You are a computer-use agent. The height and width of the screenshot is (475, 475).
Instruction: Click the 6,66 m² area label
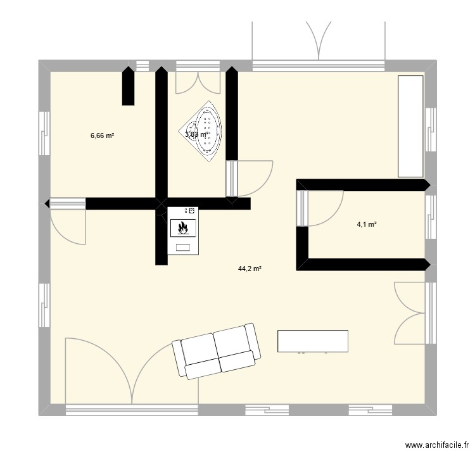tap(102, 135)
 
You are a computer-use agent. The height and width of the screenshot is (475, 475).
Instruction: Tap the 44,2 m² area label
tap(250, 269)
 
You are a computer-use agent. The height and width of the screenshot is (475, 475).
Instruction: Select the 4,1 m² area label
tap(367, 223)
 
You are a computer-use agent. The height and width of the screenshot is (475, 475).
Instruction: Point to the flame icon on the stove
tap(183, 225)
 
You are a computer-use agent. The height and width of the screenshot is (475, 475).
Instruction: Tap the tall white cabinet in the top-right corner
tap(410, 126)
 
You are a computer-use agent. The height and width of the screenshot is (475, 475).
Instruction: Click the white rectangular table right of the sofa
tap(313, 341)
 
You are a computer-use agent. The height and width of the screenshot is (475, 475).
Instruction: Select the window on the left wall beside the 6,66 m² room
tap(44, 132)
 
